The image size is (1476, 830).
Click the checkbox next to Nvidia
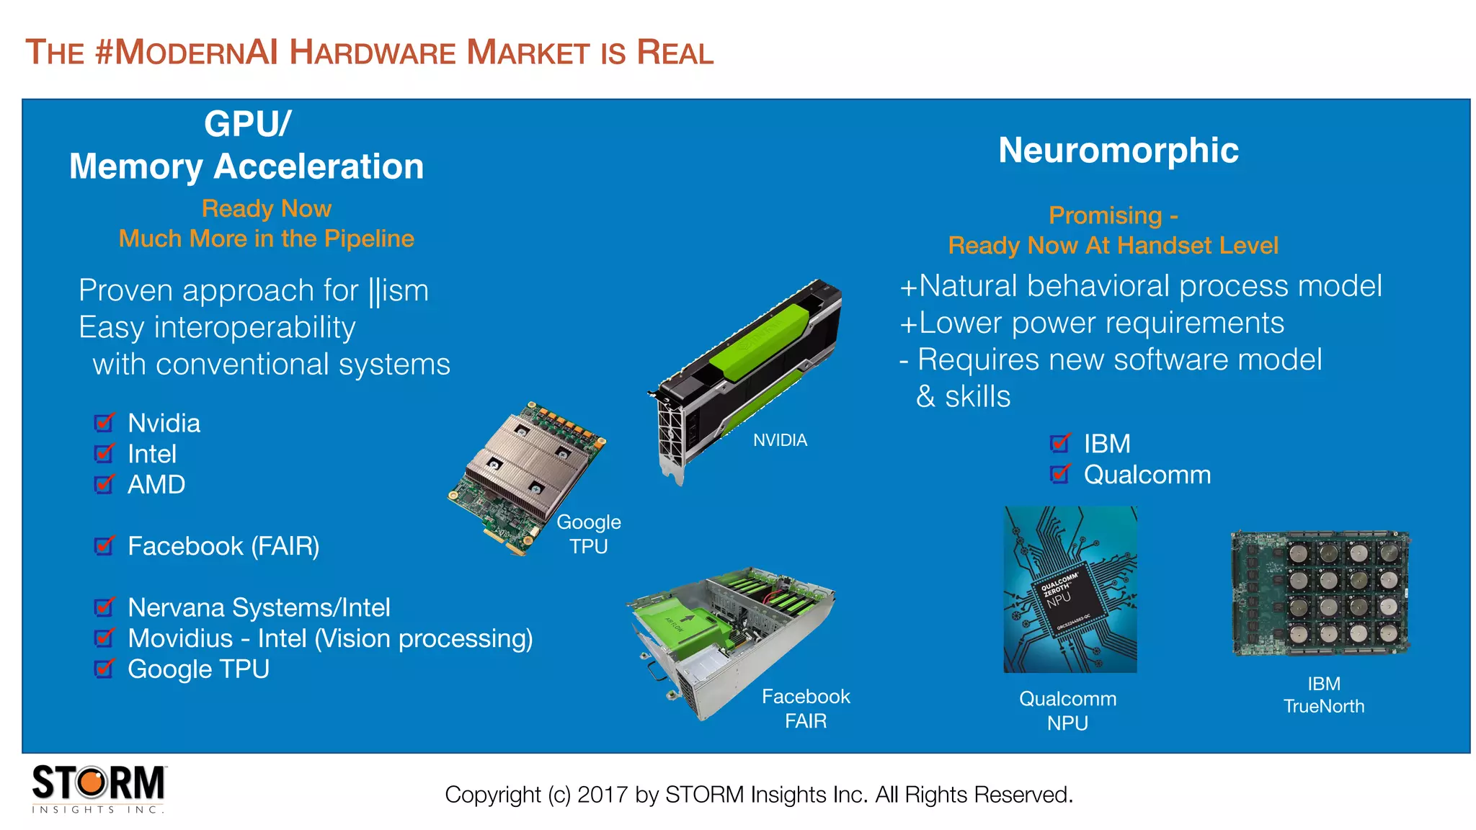[x=105, y=423]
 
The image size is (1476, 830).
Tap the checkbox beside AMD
[x=105, y=484]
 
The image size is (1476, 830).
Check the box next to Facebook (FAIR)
[x=105, y=546]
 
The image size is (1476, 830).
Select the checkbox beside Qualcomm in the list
[x=1060, y=474]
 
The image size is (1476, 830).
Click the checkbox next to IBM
[x=1060, y=443]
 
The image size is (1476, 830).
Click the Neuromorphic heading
[x=1118, y=151]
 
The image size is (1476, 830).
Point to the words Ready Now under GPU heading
[x=266, y=208]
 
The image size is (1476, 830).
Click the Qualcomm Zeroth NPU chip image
[x=1070, y=589]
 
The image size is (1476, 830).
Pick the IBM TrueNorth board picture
[x=1320, y=594]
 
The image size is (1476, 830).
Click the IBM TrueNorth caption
[x=1323, y=695]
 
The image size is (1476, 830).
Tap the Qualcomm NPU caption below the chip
[x=1067, y=710]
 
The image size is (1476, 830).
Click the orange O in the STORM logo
[x=92, y=782]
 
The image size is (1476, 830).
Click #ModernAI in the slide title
[x=186, y=53]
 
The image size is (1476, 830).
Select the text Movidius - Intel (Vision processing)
[x=330, y=638]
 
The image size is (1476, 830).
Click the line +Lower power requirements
[x=1091, y=323]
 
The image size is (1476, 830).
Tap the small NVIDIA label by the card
[x=780, y=440]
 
